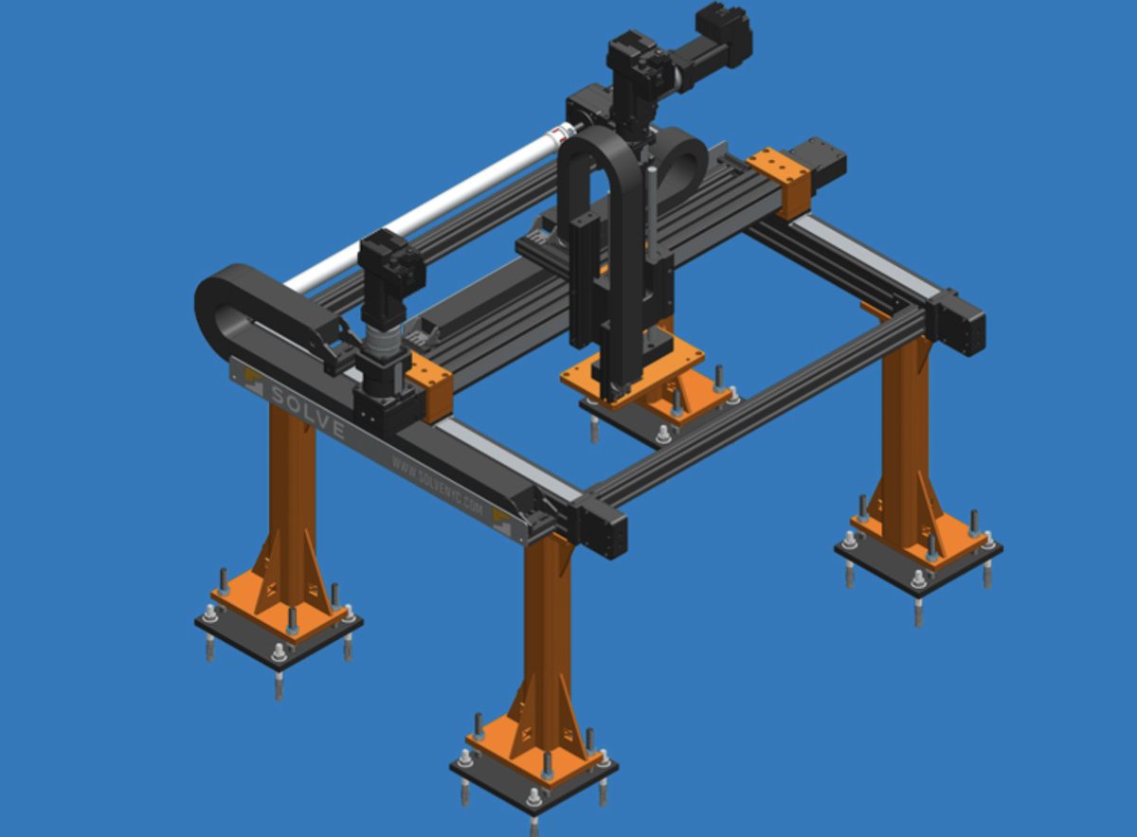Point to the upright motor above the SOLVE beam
coord(388,284)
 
